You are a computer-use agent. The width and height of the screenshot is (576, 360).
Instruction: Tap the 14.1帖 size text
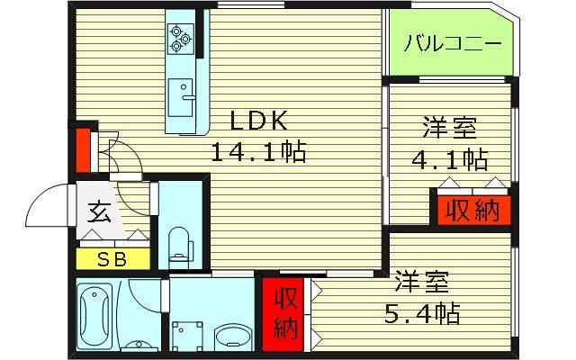(258, 151)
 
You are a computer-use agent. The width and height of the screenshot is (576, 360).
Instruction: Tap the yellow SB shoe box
(112, 260)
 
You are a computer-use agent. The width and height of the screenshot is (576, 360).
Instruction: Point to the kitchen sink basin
(184, 94)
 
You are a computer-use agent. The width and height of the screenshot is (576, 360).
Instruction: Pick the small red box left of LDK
(82, 149)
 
